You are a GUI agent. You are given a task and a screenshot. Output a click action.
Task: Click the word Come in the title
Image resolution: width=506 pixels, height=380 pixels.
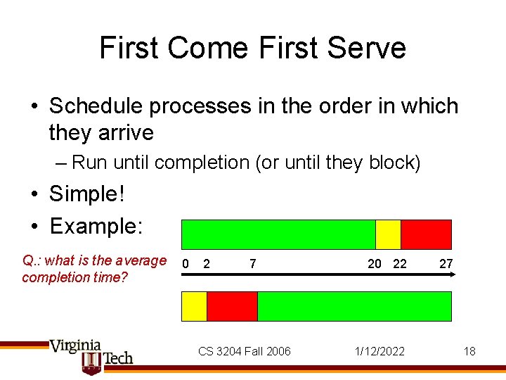pos(208,48)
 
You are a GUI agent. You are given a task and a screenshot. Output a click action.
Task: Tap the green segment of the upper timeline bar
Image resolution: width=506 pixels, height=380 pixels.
pos(278,234)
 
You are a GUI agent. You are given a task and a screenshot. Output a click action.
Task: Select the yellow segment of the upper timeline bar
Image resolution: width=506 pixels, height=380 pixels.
pos(388,234)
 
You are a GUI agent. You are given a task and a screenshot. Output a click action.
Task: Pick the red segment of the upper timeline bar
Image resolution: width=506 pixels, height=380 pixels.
pos(426,234)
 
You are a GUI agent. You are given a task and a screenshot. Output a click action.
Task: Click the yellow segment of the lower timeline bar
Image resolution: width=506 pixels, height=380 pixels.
pos(195,306)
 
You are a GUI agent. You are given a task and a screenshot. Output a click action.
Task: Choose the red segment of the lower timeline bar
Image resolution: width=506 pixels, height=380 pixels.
pos(232,306)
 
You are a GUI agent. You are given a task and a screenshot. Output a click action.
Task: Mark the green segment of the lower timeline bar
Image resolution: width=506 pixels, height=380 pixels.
pos(354,306)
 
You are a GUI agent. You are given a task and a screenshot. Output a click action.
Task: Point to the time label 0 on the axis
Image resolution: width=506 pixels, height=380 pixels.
pos(186,264)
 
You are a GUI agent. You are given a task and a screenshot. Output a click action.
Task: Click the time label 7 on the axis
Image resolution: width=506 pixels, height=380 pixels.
pos(252,264)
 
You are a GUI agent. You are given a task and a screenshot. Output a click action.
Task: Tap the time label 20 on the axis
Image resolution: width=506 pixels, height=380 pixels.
pos(375,264)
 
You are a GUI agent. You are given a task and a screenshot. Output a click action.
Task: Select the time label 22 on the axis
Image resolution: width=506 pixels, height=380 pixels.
pos(400,264)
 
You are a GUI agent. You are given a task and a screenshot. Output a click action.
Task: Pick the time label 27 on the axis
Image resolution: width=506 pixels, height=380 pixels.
pos(446,264)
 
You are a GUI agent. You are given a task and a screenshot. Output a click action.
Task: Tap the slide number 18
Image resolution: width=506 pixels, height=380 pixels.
pos(469,351)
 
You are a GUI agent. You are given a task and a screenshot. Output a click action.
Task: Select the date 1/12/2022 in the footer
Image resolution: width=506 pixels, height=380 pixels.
pos(380,351)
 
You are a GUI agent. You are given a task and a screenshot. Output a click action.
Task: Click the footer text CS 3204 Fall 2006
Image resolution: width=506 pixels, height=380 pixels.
pos(244,351)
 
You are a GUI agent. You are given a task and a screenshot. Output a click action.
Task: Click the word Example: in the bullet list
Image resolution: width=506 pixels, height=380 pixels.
pos(96,226)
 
